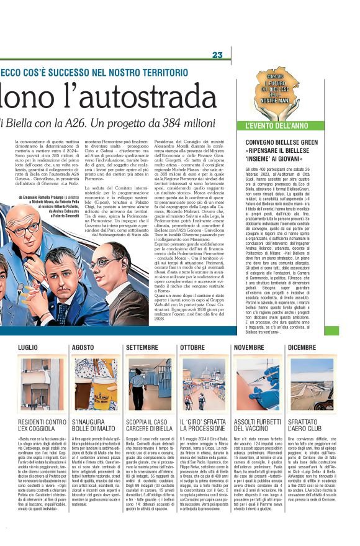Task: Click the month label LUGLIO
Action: pyautogui.click(x=28, y=347)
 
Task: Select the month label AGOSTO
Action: pyautogui.click(x=84, y=347)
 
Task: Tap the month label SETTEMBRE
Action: pyautogui.click(x=142, y=347)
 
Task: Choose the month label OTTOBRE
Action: pyautogui.click(x=192, y=347)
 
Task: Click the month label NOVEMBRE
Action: pyautogui.click(x=249, y=347)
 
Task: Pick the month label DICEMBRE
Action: pyautogui.click(x=302, y=347)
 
